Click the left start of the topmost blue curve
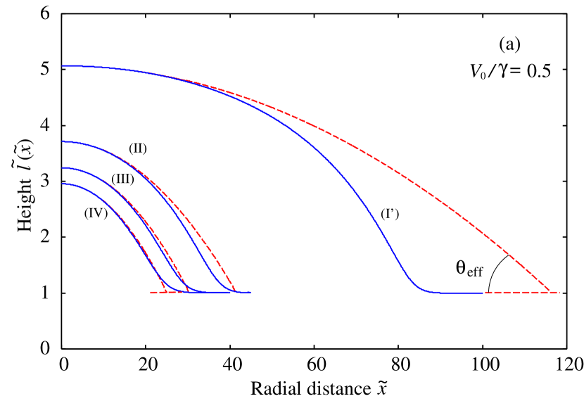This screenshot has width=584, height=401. pyautogui.click(x=63, y=65)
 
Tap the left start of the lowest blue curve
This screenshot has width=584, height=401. pyautogui.click(x=63, y=184)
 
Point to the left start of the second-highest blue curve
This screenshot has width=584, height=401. pyautogui.click(x=63, y=141)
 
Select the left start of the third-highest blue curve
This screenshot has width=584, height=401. pyautogui.click(x=63, y=168)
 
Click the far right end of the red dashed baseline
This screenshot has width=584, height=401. pyautogui.click(x=559, y=292)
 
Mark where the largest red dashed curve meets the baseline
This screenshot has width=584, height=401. pyautogui.click(x=550, y=291)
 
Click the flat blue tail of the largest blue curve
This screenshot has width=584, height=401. pyautogui.click(x=457, y=292)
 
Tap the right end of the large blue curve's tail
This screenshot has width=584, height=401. pyautogui.click(x=484, y=292)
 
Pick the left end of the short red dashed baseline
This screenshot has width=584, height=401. pyautogui.click(x=151, y=292)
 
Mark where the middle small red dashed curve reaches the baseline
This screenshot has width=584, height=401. pyautogui.click(x=191, y=291)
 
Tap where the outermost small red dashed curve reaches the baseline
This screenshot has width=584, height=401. pyautogui.click(x=234, y=291)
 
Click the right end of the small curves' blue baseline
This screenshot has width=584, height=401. pyautogui.click(x=250, y=292)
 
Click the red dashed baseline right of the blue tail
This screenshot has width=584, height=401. pyautogui.click(x=521, y=292)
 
